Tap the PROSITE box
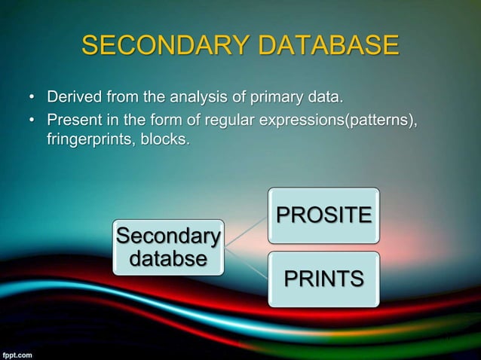323,215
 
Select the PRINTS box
323,279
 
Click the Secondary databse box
168,248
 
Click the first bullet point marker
32,99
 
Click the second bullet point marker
32,121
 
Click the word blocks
163,140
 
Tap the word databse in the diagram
168,260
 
